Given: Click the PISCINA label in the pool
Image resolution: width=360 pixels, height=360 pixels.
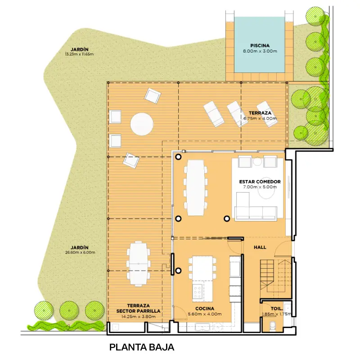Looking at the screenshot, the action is (x=260, y=46).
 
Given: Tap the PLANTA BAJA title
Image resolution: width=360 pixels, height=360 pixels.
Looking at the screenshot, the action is (x=142, y=347).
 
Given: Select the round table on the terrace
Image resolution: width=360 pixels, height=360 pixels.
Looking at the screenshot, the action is (x=142, y=124).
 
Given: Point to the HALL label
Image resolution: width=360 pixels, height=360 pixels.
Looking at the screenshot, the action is (x=260, y=247).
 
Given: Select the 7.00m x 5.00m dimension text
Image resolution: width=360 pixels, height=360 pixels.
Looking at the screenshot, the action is (x=260, y=187).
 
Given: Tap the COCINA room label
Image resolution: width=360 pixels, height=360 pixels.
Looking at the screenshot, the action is (x=205, y=309).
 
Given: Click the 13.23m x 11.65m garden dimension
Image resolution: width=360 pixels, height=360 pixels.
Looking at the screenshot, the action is (x=79, y=54).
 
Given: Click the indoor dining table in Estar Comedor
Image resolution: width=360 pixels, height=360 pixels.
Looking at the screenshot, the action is (x=196, y=188).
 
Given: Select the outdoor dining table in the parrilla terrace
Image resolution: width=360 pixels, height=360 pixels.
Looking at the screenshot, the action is (x=139, y=264).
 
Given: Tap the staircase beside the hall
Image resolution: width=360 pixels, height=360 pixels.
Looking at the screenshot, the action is (x=275, y=276).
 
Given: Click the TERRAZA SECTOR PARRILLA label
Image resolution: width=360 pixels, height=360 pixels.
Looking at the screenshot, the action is (x=138, y=308).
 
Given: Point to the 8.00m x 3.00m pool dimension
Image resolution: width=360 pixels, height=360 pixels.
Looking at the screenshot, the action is (x=260, y=51).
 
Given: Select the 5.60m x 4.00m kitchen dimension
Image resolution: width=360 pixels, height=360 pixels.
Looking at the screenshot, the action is (x=205, y=314).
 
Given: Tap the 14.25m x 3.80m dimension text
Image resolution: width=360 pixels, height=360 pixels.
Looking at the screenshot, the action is (x=138, y=317).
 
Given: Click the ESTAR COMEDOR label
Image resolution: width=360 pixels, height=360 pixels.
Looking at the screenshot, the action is (x=260, y=182).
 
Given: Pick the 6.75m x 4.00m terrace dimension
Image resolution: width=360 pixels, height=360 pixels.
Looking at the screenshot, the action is (x=260, y=118).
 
